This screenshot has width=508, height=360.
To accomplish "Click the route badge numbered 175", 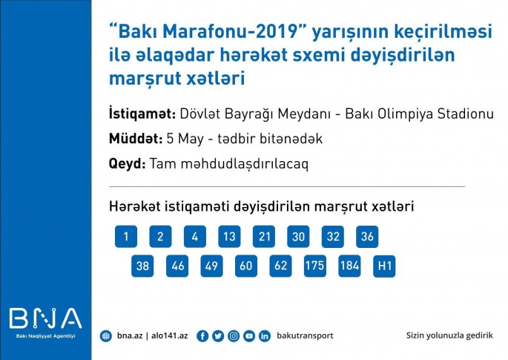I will pyautogui.click(x=315, y=266).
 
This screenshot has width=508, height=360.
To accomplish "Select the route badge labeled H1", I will pyautogui.click(x=384, y=266).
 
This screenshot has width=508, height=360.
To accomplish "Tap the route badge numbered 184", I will pyautogui.click(x=349, y=266).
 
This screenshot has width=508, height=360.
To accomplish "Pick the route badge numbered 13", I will pyautogui.click(x=229, y=237).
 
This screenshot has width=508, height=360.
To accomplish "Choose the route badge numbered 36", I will pyautogui.click(x=367, y=237).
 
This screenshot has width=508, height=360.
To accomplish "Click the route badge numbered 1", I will pyautogui.click(x=126, y=237).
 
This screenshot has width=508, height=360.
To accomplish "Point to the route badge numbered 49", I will pyautogui.click(x=211, y=266).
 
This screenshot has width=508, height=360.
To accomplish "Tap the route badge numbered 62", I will pyautogui.click(x=280, y=266).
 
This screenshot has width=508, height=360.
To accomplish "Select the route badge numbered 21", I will pyautogui.click(x=263, y=237).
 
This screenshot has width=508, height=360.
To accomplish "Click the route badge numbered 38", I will pyautogui.click(x=142, y=266).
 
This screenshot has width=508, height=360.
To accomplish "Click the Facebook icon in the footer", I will pyautogui.click(x=202, y=336).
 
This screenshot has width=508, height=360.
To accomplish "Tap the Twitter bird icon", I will pyautogui.click(x=218, y=336).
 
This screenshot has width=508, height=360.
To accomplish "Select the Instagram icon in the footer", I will pyautogui.click(x=234, y=336).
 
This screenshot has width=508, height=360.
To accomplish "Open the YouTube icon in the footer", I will pyautogui.click(x=249, y=336).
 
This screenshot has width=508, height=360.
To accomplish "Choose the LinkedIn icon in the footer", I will pyautogui.click(x=265, y=336).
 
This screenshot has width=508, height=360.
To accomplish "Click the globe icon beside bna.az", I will pyautogui.click(x=106, y=336).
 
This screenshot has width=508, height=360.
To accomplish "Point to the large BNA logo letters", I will pyautogui.click(x=45, y=318).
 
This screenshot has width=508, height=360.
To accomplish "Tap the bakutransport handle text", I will pyautogui.click(x=305, y=336).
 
